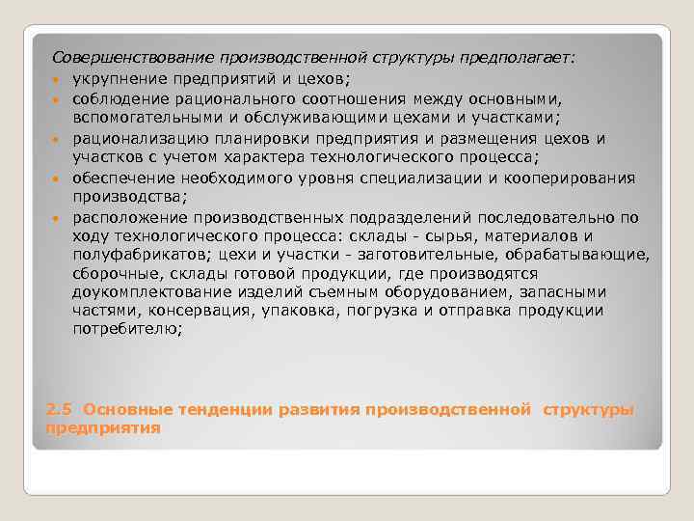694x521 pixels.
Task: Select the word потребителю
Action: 126,330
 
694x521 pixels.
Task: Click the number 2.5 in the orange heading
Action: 59,409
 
